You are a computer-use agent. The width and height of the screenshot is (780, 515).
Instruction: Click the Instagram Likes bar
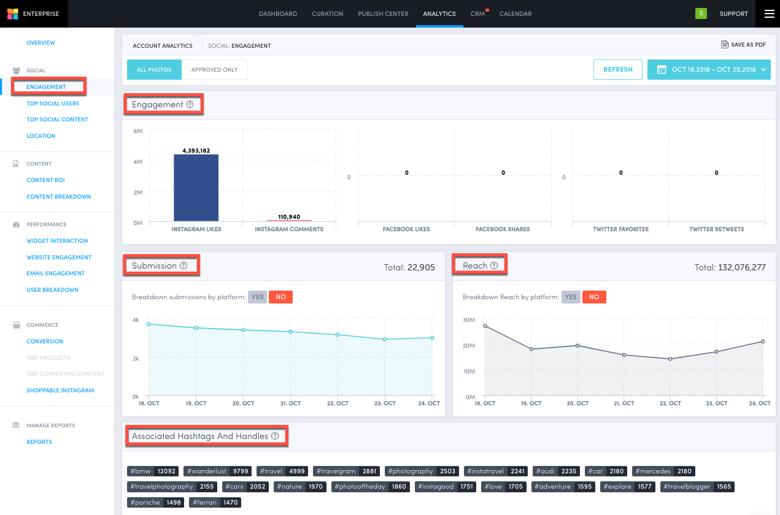196,188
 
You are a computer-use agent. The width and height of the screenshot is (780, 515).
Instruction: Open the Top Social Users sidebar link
53,104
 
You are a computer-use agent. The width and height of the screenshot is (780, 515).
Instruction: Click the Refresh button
617,69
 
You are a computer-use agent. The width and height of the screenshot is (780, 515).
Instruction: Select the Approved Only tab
214,70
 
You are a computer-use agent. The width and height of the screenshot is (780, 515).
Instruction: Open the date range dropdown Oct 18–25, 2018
709,69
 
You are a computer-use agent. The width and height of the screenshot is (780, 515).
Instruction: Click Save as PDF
743,45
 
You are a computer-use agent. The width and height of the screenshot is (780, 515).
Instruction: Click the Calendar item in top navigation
515,13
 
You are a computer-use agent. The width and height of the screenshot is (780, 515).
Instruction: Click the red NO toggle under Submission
281,297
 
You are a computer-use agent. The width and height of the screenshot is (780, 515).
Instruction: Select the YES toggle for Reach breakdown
571,297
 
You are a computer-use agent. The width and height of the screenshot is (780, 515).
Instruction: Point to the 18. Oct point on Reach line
485,326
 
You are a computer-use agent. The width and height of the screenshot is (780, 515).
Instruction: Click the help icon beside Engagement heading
190,104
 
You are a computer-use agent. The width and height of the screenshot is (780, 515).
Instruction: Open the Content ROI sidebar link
45,180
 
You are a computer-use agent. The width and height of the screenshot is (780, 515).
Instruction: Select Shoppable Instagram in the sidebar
60,391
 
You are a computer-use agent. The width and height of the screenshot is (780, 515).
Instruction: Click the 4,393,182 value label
196,150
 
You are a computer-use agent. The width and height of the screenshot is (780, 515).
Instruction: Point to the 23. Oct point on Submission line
385,339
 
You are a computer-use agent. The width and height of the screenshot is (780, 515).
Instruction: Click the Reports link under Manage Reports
39,442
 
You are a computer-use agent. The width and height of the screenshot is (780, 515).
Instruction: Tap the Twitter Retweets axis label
716,229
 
